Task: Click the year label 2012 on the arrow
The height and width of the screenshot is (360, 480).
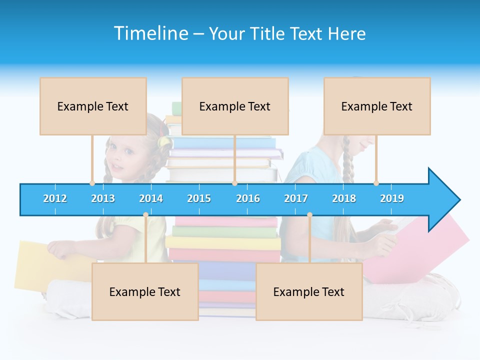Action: pyautogui.click(x=55, y=198)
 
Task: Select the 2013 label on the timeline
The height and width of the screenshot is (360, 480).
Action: pyautogui.click(x=103, y=198)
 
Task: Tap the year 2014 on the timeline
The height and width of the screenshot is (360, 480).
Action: pyautogui.click(x=151, y=198)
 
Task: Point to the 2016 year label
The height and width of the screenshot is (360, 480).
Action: pyautogui.click(x=248, y=198)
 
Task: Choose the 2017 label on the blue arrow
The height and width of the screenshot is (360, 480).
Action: pyautogui.click(x=296, y=198)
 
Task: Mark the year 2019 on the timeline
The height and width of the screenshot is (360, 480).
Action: pyautogui.click(x=392, y=198)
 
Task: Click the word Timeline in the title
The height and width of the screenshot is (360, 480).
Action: pyautogui.click(x=149, y=33)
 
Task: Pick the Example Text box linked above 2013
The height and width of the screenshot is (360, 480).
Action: pyautogui.click(x=93, y=106)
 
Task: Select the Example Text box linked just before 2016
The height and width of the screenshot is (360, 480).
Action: pyautogui.click(x=235, y=106)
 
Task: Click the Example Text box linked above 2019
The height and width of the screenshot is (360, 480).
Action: pyautogui.click(x=377, y=106)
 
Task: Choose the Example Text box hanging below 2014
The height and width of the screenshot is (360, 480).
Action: pyautogui.click(x=145, y=291)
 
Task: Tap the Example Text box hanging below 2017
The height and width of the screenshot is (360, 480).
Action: pyautogui.click(x=309, y=291)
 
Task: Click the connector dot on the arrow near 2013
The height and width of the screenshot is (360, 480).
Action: pyautogui.click(x=92, y=183)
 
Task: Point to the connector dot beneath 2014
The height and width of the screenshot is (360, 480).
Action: pyautogui.click(x=145, y=215)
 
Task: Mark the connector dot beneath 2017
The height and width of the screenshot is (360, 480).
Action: pyautogui.click(x=309, y=215)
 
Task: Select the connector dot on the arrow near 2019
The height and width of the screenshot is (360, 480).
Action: pyautogui.click(x=376, y=183)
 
